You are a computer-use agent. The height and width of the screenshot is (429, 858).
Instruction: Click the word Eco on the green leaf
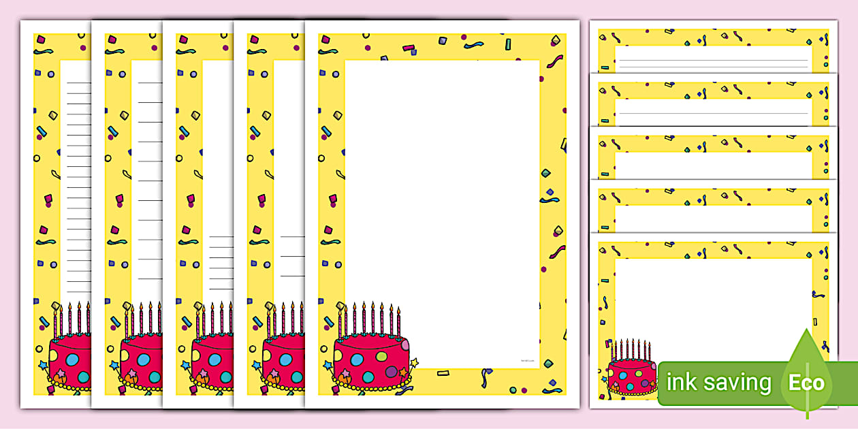pos(806,383)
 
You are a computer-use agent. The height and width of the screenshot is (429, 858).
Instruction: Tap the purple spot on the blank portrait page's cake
pos(391,372)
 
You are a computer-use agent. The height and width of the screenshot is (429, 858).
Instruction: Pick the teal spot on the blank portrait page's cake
pos(368,377)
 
